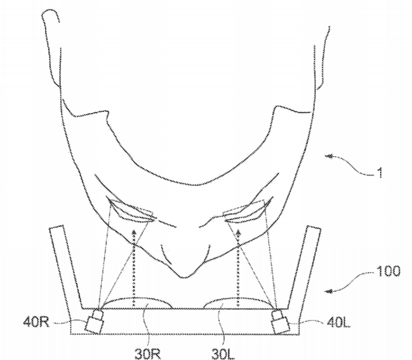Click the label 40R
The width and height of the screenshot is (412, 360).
(x=36, y=321)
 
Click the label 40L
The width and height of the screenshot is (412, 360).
(x=339, y=322)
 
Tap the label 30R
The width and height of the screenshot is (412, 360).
(x=148, y=354)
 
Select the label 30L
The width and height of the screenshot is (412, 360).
(x=223, y=354)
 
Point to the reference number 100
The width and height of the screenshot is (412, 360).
(x=389, y=271)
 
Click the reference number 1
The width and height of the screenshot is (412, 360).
(x=379, y=173)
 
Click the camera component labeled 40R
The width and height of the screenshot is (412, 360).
(x=95, y=321)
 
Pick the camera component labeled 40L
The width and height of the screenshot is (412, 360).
(x=280, y=322)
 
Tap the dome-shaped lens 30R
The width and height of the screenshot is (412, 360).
(x=137, y=303)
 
